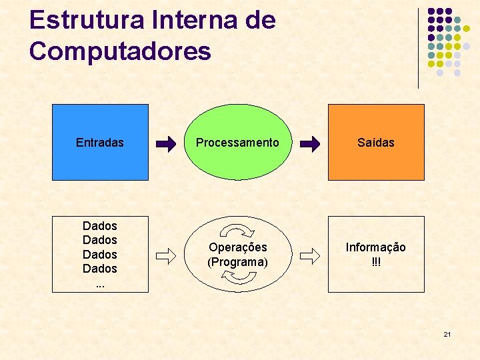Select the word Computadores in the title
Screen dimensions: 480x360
click(120, 51)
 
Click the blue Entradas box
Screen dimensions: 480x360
click(100, 160)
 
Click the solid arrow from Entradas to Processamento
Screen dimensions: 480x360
click(166, 143)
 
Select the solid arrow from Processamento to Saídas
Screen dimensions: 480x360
click(309, 143)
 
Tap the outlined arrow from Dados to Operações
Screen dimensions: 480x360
click(166, 254)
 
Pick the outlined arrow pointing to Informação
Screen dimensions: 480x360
click(309, 254)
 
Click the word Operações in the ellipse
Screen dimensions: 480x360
click(238, 247)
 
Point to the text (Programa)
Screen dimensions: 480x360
click(238, 262)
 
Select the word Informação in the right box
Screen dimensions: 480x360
click(375, 247)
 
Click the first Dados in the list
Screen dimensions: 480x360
click(100, 226)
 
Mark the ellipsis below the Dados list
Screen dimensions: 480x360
click(100, 284)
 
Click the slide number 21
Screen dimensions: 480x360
click(447, 333)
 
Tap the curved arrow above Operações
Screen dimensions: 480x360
click(238, 231)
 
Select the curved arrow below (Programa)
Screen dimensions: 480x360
click(238, 279)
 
